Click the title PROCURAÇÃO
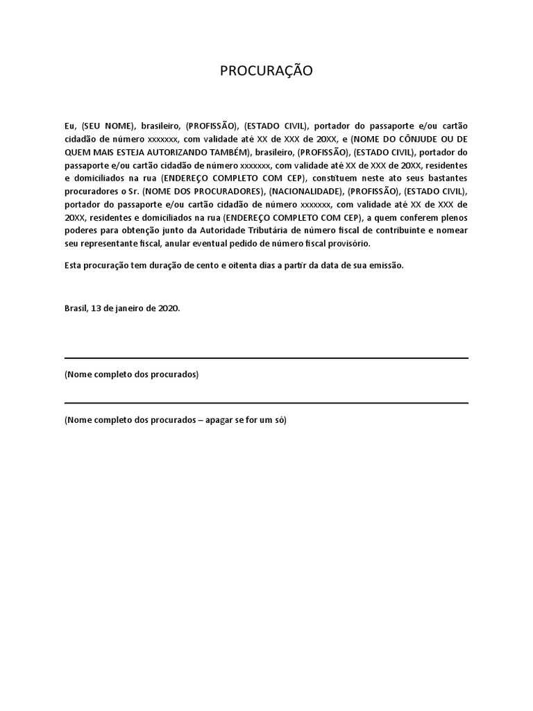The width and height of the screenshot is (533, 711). coord(266,71)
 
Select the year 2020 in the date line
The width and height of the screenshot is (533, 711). coord(169,308)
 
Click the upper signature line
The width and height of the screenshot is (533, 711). coord(266,358)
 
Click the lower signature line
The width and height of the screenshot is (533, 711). coord(266,403)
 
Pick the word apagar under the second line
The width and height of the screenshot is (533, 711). coord(221,421)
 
